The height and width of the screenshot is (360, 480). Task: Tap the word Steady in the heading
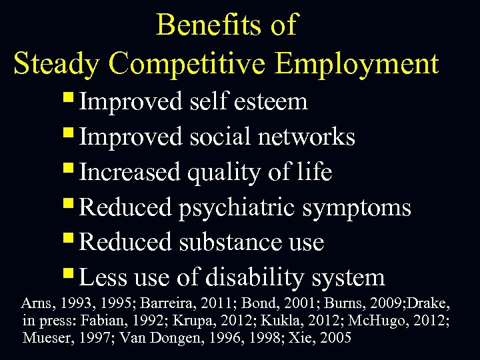[56, 64]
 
